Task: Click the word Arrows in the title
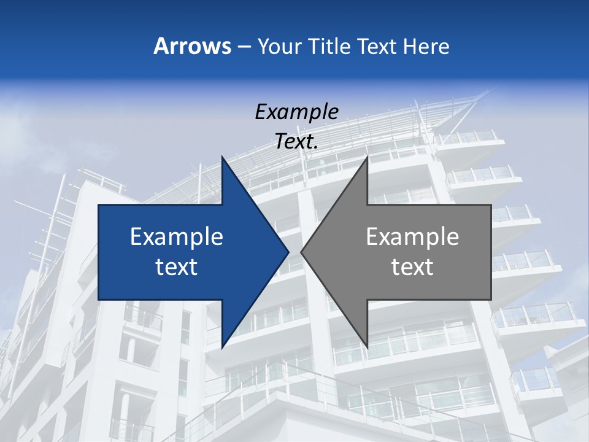(x=192, y=46)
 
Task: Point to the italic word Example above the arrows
(x=297, y=112)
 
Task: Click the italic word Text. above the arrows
(x=297, y=142)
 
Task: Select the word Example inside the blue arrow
(x=177, y=237)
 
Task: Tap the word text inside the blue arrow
(x=177, y=267)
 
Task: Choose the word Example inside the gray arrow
(x=412, y=237)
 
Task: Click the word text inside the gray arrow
(x=412, y=267)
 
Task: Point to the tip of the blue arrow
(x=289, y=252)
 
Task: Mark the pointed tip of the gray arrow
(x=301, y=252)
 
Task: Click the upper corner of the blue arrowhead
(x=222, y=157)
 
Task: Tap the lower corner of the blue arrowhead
(x=222, y=348)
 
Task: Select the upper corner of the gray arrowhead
(x=367, y=157)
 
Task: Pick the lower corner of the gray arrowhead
(x=367, y=348)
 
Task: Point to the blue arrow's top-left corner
(x=99, y=205)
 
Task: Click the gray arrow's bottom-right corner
(x=491, y=300)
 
